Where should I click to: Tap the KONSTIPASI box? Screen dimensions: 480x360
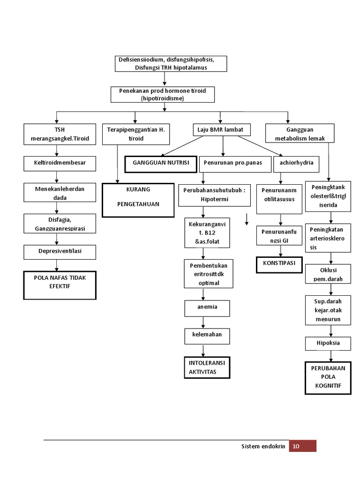[279, 264]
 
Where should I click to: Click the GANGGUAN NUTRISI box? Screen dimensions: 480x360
[161, 164]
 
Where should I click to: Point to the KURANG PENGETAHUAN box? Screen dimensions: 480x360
[136, 200]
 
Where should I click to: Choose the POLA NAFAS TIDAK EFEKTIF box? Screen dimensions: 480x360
[60, 285]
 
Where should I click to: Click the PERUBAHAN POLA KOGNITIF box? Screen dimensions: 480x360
[328, 378]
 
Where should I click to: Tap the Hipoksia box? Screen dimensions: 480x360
[328, 343]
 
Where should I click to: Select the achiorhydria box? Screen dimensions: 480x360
[297, 164]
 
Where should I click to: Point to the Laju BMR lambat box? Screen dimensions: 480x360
[221, 130]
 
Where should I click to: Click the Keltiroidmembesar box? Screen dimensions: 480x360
[60, 164]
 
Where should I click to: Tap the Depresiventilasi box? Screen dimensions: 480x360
[60, 252]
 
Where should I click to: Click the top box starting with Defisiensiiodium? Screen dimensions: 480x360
[171, 64]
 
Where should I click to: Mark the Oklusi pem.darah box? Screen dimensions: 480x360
[328, 274]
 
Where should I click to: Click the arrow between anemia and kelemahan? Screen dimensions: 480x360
[203, 322]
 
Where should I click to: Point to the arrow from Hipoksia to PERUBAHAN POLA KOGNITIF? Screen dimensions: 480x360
[328, 356]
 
